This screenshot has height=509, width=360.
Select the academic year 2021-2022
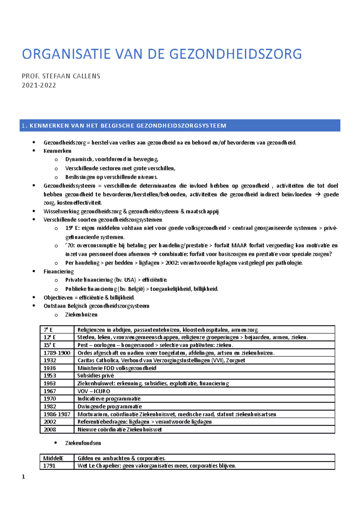click(39, 85)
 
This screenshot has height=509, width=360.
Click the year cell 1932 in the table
click(50, 360)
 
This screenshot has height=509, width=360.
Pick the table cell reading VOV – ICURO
click(94, 391)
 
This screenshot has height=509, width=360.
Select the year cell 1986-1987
click(57, 414)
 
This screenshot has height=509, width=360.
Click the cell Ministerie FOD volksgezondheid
click(117, 368)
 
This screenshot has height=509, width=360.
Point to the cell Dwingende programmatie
click(109, 406)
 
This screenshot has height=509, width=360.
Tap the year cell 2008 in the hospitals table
click(50, 430)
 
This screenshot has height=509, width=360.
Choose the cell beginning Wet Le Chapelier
click(156, 466)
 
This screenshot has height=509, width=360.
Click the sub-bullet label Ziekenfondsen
click(83, 443)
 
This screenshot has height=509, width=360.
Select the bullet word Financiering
click(58, 272)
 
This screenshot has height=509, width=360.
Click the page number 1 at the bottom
click(23, 477)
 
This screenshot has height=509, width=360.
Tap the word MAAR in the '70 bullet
click(239, 246)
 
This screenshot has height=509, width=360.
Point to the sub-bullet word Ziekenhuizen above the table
click(81, 315)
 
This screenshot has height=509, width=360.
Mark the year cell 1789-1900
click(57, 353)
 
